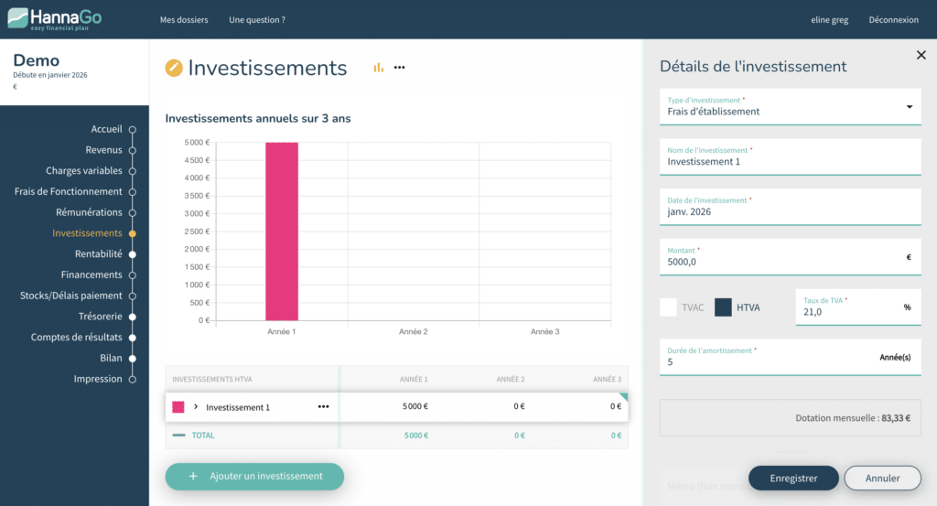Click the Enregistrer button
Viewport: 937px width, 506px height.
(793, 478)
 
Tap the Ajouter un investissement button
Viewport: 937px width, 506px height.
(254, 476)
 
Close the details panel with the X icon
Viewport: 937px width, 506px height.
(921, 55)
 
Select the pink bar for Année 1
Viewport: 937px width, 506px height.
(282, 231)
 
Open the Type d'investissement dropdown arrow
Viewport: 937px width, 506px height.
(909, 107)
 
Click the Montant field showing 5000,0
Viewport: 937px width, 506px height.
(790, 257)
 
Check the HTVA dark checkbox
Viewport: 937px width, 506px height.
(723, 307)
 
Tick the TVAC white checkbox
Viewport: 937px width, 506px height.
(668, 307)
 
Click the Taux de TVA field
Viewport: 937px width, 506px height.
(858, 307)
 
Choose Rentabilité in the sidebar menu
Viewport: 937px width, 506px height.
(99, 253)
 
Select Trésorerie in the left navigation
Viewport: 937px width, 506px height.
(101, 317)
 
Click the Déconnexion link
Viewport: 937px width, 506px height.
(893, 20)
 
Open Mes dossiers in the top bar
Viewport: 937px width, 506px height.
(184, 20)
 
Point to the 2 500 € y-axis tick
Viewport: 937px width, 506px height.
(198, 231)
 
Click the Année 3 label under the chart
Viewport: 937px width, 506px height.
(545, 331)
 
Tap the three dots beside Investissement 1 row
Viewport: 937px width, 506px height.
(323, 407)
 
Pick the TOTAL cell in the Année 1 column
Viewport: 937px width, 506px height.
(416, 436)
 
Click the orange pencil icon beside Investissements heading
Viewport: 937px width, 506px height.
(174, 68)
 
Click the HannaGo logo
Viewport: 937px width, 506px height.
(54, 19)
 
